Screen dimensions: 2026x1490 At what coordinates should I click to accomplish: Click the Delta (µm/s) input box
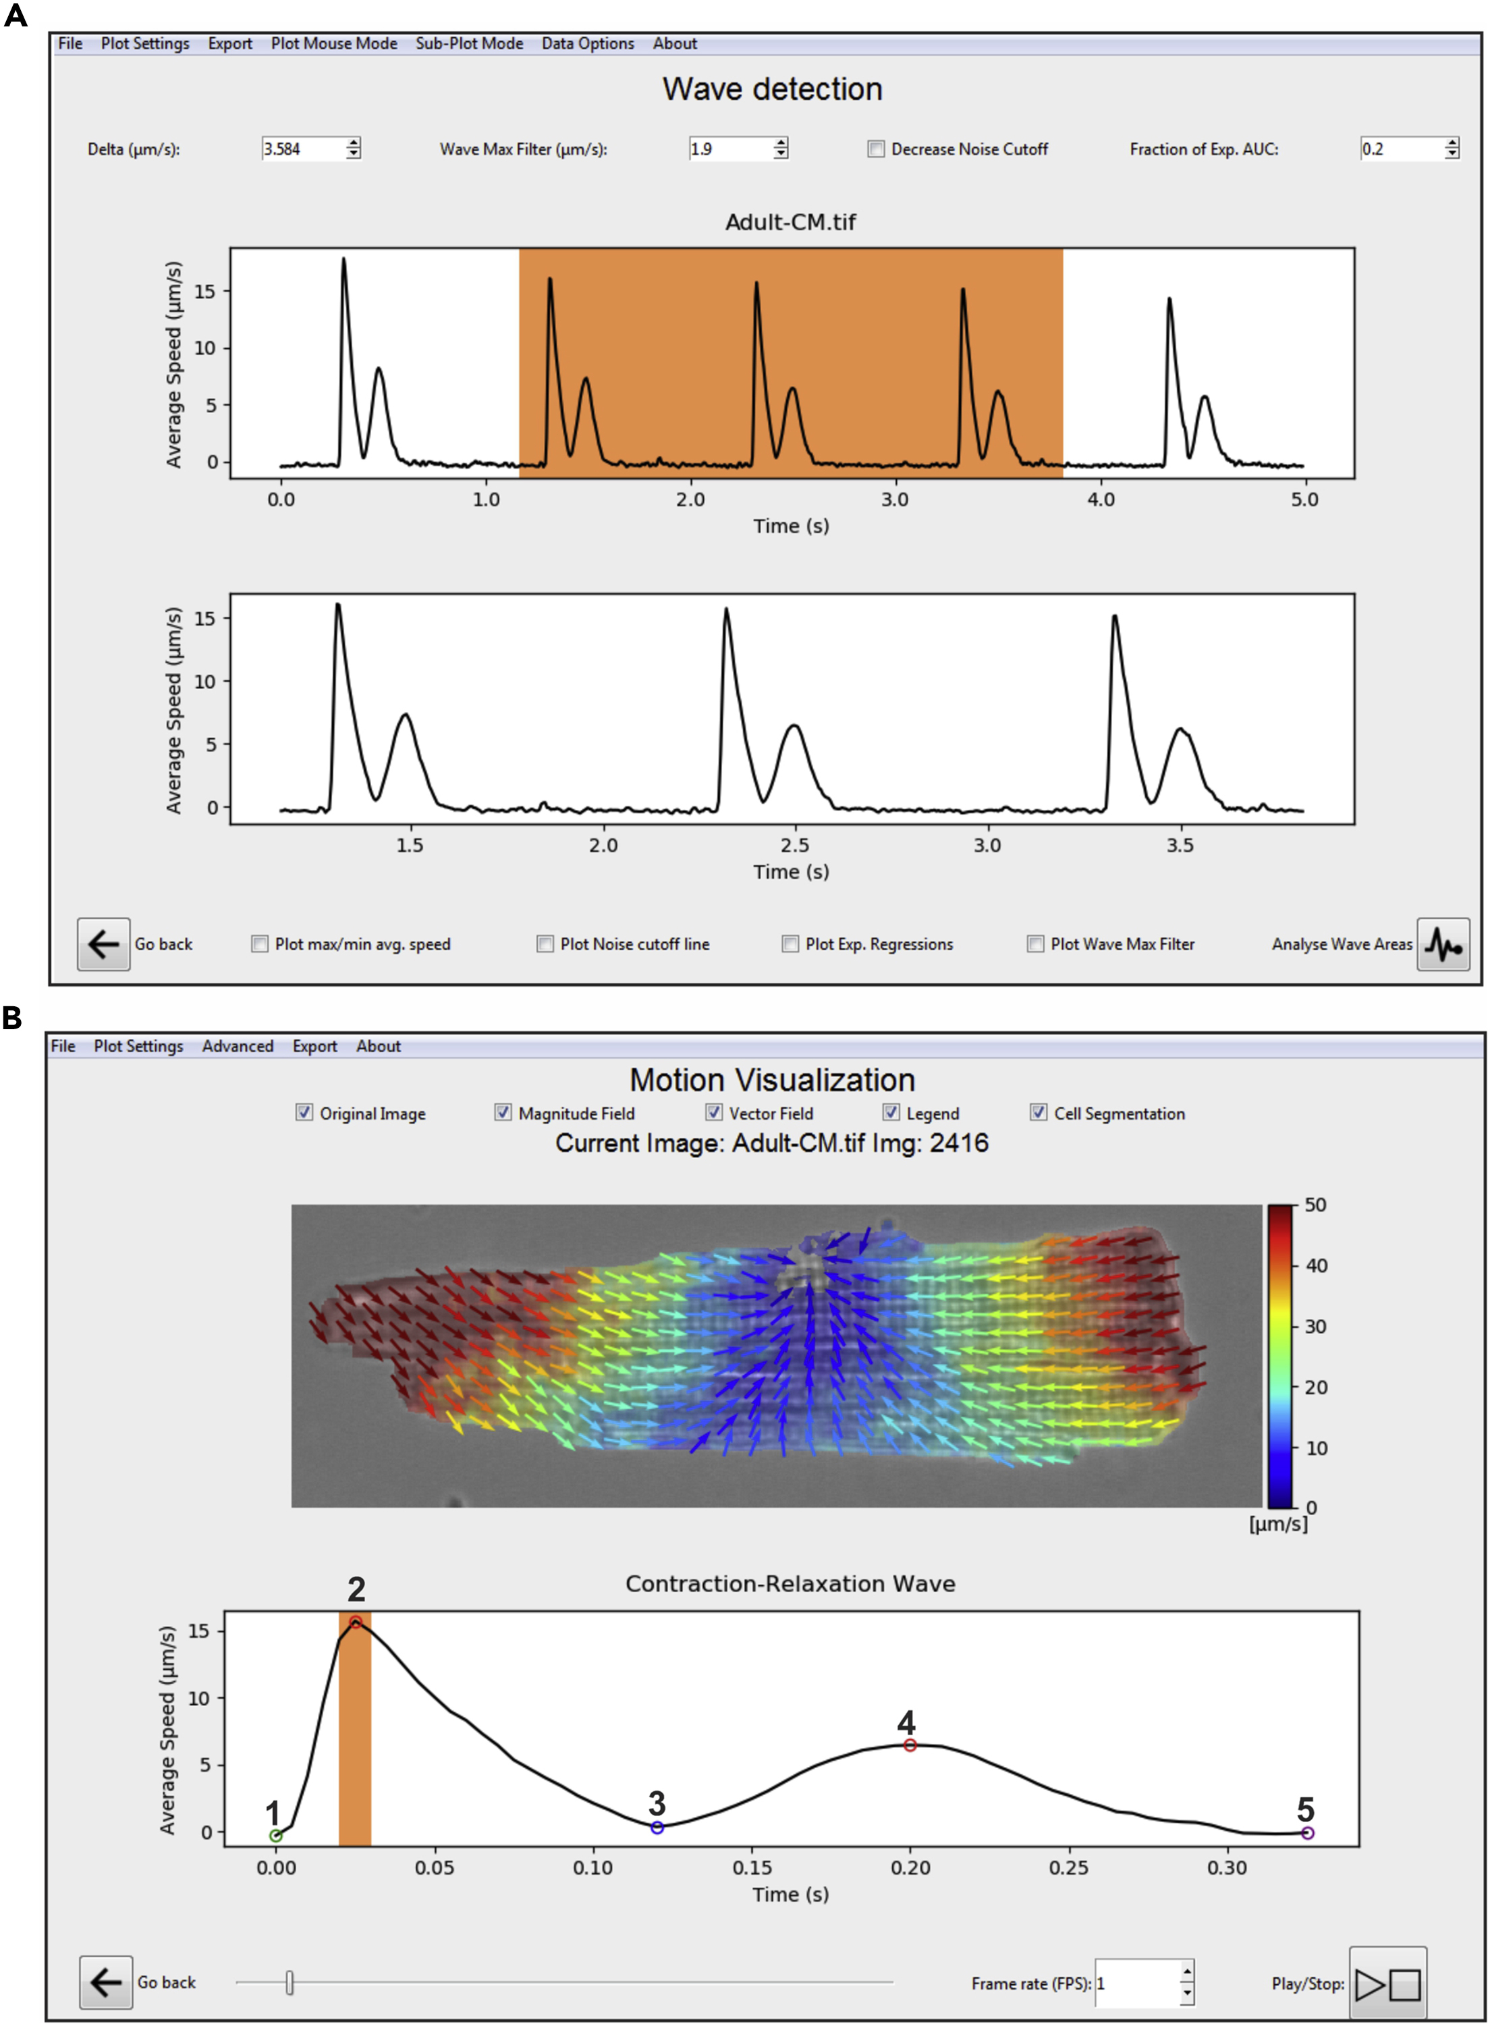[x=303, y=149]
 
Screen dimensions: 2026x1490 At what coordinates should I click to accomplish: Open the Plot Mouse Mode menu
[x=334, y=43]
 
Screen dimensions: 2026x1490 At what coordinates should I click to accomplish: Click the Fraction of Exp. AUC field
[x=1401, y=149]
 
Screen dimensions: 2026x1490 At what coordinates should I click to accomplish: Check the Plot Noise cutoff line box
[x=545, y=943]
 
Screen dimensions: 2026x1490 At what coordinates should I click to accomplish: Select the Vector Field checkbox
[x=713, y=1112]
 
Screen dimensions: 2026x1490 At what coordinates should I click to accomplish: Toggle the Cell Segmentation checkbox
[x=1038, y=1112]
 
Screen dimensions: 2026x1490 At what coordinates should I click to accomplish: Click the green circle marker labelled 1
[x=276, y=1836]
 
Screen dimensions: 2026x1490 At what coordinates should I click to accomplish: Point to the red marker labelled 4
[x=910, y=1745]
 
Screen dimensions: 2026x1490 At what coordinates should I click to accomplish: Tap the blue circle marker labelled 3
[x=657, y=1827]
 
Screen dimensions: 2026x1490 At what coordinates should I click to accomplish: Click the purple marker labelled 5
[x=1307, y=1833]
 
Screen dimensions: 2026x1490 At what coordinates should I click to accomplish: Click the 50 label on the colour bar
[x=1315, y=1205]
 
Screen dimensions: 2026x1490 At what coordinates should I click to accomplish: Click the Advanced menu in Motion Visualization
[x=238, y=1045]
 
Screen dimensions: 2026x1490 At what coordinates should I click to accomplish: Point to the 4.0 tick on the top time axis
[x=1101, y=499]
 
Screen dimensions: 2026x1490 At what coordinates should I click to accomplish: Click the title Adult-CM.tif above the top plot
[x=790, y=222]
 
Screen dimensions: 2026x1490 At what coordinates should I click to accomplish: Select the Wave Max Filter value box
[x=729, y=149]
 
